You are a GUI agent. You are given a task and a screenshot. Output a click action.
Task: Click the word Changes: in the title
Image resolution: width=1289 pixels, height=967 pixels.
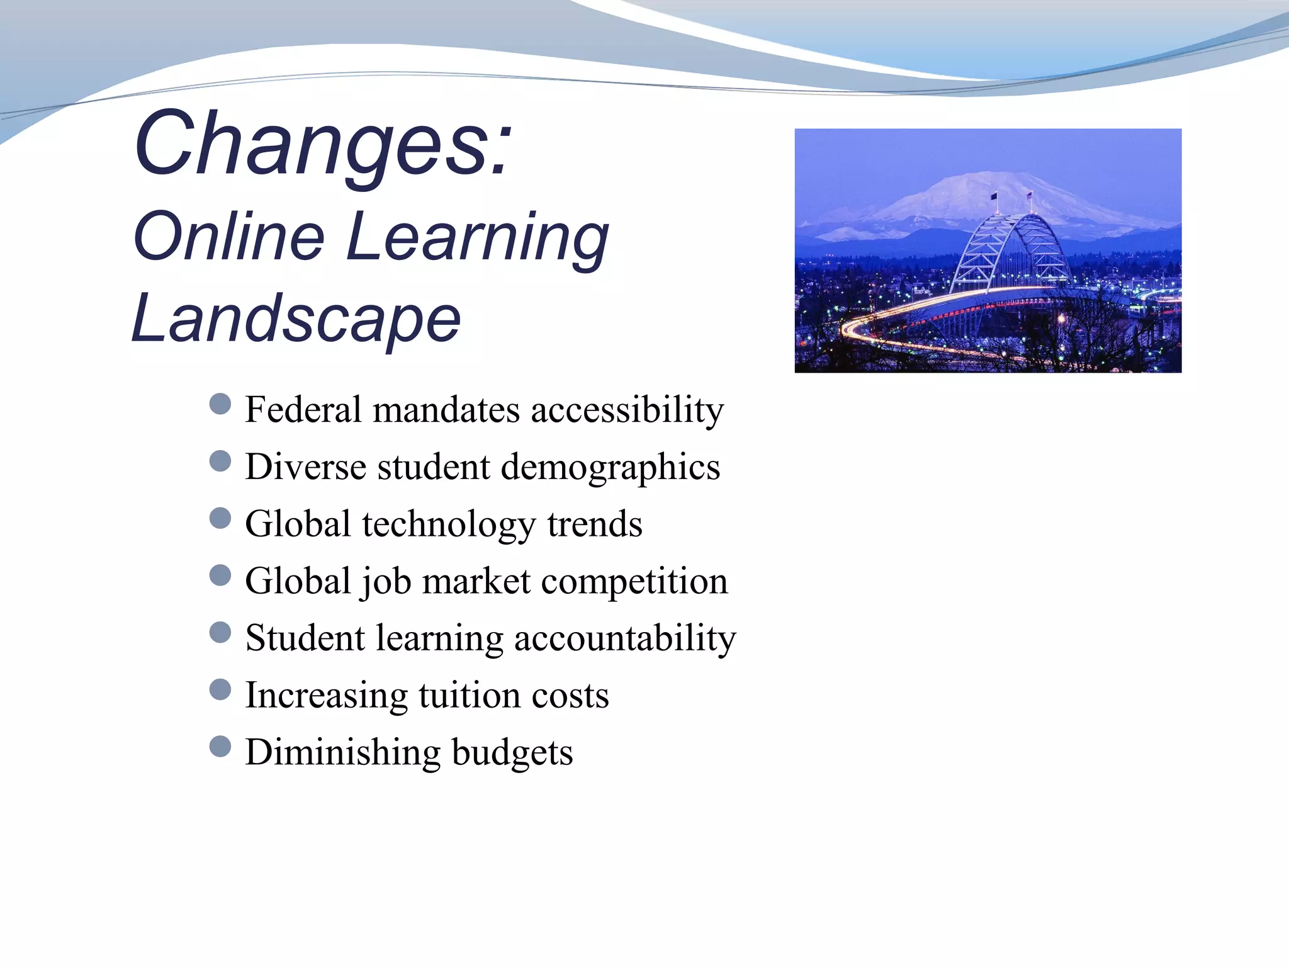(323, 144)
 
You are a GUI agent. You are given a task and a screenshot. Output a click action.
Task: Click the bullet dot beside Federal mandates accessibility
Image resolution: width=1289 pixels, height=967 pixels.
(220, 404)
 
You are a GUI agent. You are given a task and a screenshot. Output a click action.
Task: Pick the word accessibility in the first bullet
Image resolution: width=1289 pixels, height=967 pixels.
(627, 410)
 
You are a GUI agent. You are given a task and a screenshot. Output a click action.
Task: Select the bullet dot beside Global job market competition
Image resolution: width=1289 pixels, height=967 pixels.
(220, 575)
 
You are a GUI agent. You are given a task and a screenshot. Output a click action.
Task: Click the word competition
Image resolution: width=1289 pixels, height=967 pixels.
(634, 581)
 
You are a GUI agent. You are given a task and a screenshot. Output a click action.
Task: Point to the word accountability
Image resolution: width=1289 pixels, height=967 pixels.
(624, 639)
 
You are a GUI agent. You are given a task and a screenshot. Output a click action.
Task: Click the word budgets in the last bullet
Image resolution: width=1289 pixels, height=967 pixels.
(512, 753)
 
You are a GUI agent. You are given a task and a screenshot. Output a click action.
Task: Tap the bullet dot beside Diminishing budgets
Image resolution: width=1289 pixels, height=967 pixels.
(220, 746)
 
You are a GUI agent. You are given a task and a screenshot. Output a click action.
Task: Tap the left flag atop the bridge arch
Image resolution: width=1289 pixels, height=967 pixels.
(994, 197)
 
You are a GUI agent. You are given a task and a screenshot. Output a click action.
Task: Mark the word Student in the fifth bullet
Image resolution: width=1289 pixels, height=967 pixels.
(305, 638)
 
